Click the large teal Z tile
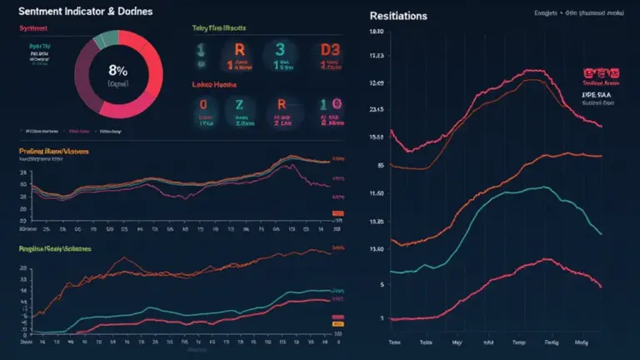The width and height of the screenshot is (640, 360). coord(241,105)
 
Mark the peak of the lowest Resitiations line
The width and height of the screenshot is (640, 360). coord(542,260)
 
